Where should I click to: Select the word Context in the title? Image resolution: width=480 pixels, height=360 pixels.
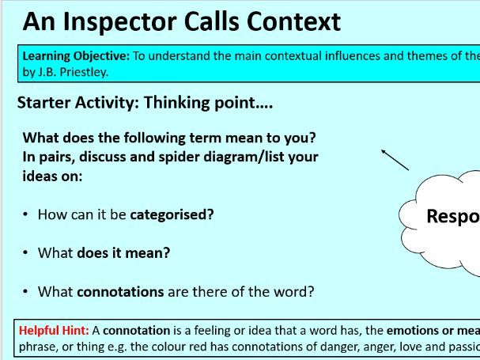tap(294, 21)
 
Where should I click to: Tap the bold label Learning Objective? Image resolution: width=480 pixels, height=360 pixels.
tap(70, 55)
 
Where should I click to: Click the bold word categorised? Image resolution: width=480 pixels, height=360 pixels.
tap(172, 214)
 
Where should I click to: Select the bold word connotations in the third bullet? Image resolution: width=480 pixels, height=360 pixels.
tap(120, 291)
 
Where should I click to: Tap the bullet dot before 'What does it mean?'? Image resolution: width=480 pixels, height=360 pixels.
tap(26, 253)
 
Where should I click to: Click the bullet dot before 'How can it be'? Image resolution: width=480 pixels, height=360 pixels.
tap(26, 214)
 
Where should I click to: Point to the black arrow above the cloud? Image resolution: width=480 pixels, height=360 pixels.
tap(395, 159)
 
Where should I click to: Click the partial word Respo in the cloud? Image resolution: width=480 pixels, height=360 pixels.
tap(452, 216)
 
